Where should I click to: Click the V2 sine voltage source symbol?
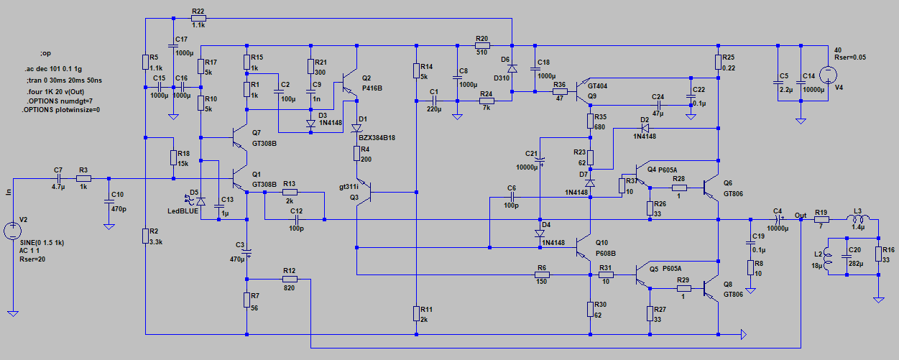pyautogui.click(x=12, y=231)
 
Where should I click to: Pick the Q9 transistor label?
pyautogui.click(x=591, y=96)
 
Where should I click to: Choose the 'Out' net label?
pyautogui.click(x=801, y=215)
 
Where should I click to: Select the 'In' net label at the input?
pyautogui.click(x=8, y=191)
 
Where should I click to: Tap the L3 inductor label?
pyautogui.click(x=857, y=211)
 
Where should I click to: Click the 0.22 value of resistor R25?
pyautogui.click(x=728, y=68)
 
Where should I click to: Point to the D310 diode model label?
pyautogui.click(x=503, y=78)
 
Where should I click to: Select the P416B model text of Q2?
pyautogui.click(x=372, y=88)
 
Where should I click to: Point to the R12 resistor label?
pyautogui.click(x=290, y=271)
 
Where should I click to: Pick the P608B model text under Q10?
pyautogui.click(x=607, y=252)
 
